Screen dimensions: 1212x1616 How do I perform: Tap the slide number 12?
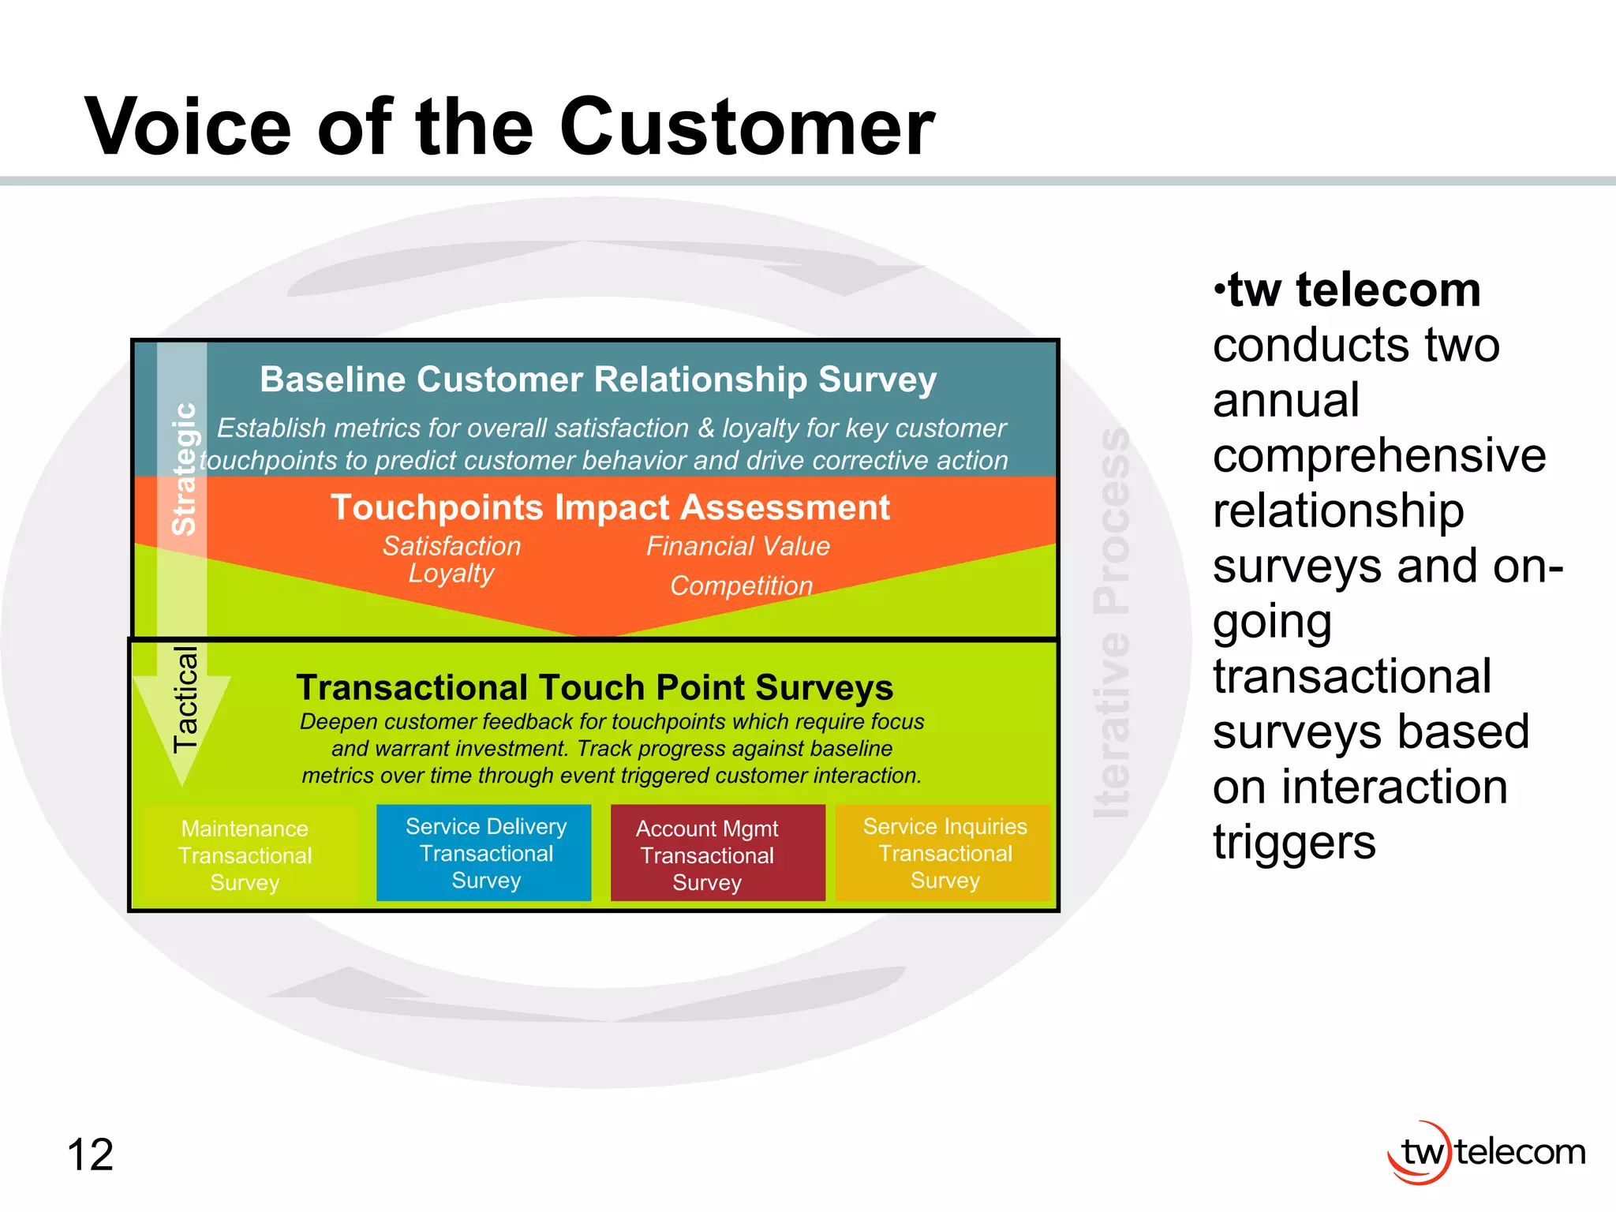click(91, 1155)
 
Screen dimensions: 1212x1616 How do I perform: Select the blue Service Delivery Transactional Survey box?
click(484, 853)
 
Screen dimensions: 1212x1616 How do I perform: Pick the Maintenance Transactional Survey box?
click(245, 855)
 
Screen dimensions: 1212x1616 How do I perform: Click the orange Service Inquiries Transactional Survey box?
click(944, 853)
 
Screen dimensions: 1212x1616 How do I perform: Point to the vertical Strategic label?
click(185, 469)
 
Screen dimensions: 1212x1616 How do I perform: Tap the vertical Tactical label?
click(185, 699)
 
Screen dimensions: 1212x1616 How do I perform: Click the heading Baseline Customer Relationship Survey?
click(598, 380)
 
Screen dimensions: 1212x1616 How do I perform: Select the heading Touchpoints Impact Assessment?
click(609, 507)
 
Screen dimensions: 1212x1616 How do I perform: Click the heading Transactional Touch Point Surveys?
click(594, 687)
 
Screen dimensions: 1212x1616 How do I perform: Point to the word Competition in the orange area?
click(741, 585)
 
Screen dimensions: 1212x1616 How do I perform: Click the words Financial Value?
click(738, 546)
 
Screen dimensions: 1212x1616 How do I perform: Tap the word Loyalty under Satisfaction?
click(451, 574)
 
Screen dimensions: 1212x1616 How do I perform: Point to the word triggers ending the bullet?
click(1294, 843)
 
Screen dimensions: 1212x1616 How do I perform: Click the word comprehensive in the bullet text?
click(1378, 455)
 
